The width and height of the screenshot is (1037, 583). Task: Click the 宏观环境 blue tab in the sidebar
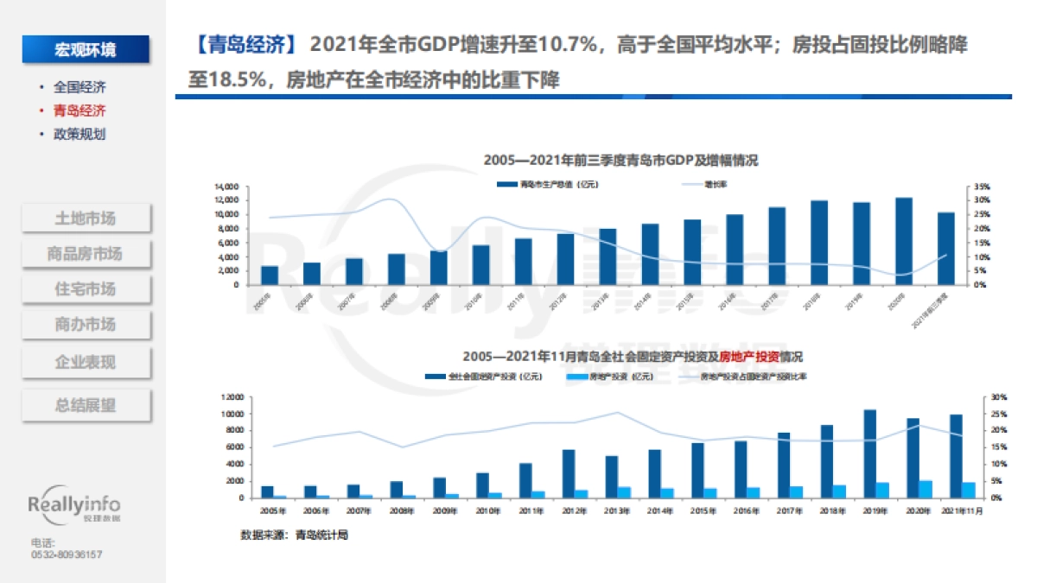click(85, 49)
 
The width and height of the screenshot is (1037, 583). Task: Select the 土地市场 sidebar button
click(85, 218)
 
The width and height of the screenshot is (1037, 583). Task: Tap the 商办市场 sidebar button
click(85, 325)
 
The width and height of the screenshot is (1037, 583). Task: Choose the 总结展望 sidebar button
click(85, 405)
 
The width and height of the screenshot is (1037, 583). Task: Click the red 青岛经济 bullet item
click(79, 111)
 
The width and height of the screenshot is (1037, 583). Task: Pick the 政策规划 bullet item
click(79, 134)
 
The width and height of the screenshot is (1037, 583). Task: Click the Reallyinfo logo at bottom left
click(74, 507)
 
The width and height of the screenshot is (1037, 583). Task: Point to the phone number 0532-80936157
click(67, 554)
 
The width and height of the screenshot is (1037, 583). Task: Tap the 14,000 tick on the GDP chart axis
click(226, 187)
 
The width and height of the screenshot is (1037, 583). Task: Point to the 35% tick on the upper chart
click(981, 187)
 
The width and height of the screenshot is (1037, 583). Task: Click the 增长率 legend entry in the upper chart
click(715, 184)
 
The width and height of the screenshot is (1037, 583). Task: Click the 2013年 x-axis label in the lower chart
click(615, 511)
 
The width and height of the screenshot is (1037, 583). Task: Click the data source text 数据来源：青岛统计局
click(294, 535)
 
